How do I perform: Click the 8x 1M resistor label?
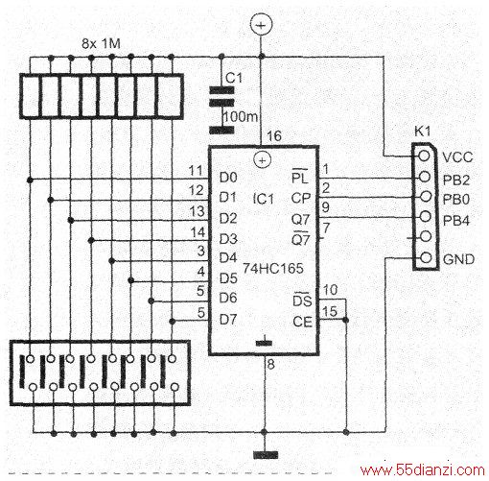(102, 43)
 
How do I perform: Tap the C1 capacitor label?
(234, 78)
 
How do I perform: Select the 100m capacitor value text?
(240, 117)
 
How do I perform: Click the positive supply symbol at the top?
(262, 25)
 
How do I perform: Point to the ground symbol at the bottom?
(266, 455)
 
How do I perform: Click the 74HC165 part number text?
(273, 268)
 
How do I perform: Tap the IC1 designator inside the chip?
(264, 200)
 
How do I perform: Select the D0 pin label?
(228, 178)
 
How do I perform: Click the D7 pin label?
(228, 319)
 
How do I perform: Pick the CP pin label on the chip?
(300, 199)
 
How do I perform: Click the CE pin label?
(302, 322)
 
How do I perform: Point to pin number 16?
(274, 136)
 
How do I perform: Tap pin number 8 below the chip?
(270, 364)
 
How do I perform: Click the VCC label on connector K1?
(457, 157)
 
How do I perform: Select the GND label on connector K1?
(458, 259)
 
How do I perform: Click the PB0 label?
(456, 200)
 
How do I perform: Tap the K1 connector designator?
(422, 132)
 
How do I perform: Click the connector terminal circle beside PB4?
(425, 216)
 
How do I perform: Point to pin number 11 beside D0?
(196, 171)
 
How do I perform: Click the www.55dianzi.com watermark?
(423, 470)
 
